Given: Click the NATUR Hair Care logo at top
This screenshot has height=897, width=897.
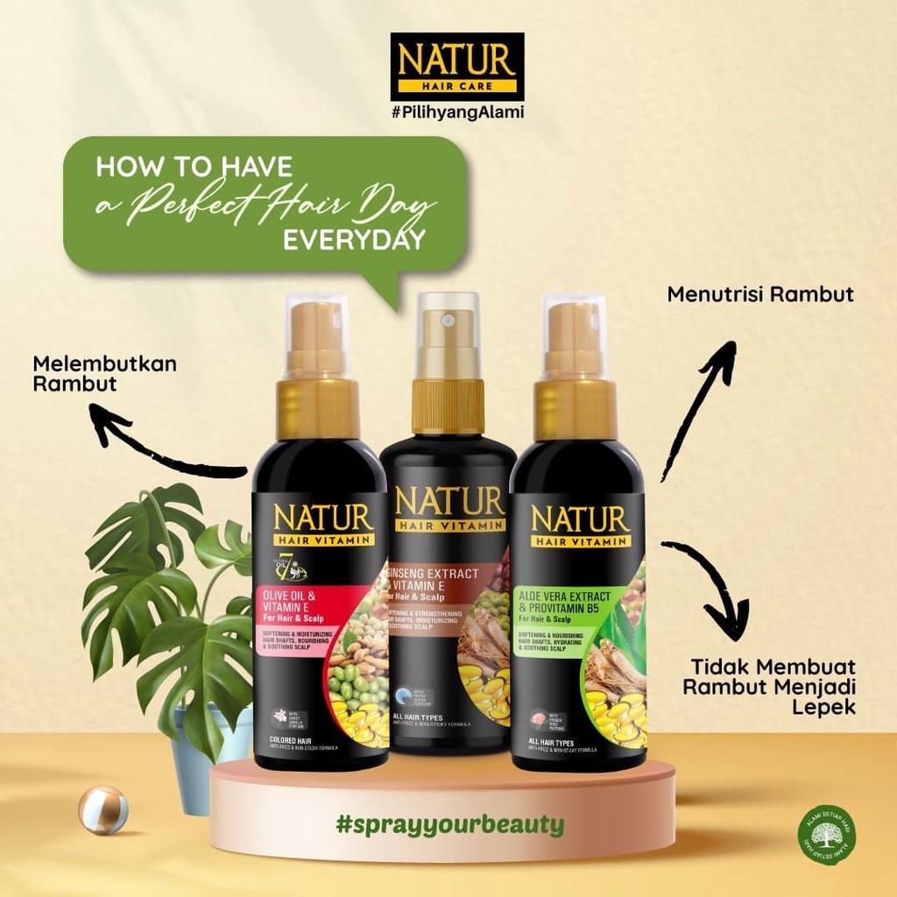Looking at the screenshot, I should pos(456,66).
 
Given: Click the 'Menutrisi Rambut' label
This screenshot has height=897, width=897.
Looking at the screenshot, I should pos(760,294).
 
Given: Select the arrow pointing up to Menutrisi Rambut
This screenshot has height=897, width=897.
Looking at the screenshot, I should pos(701,403).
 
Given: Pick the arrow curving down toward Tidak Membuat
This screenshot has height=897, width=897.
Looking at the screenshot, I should pos(714,583).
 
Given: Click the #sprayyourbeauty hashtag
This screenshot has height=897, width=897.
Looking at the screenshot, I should pos(449,824).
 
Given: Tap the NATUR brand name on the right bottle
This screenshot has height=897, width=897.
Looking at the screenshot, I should pos(579,518).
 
